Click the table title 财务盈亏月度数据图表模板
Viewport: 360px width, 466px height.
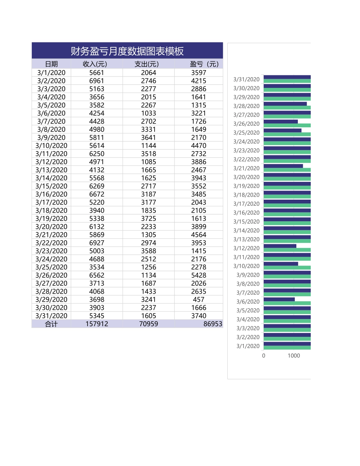click(x=127, y=51)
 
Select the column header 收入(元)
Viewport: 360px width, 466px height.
click(x=95, y=64)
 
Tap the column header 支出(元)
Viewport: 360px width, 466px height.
click(x=147, y=64)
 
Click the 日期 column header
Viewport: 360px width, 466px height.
click(x=51, y=64)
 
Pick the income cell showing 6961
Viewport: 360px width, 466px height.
click(x=96, y=81)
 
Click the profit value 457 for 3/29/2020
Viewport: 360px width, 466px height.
click(x=199, y=300)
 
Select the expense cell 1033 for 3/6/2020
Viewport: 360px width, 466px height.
click(x=148, y=113)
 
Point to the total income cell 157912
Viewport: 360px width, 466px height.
click(x=97, y=324)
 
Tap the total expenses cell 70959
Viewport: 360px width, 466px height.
click(x=148, y=324)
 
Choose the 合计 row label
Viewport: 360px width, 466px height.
click(x=51, y=324)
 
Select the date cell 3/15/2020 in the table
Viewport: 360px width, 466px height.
click(x=51, y=186)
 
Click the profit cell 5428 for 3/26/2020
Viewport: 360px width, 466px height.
click(x=199, y=275)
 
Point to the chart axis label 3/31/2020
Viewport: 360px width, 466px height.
click(x=246, y=79)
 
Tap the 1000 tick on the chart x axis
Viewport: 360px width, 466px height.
click(x=294, y=356)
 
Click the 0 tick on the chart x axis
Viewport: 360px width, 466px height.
click(x=264, y=356)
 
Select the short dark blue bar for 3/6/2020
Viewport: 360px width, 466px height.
click(x=279, y=299)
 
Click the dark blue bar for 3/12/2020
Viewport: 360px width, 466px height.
click(x=280, y=246)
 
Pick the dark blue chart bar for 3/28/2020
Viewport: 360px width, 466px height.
click(x=285, y=104)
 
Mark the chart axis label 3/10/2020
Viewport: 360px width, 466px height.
click(x=246, y=266)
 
